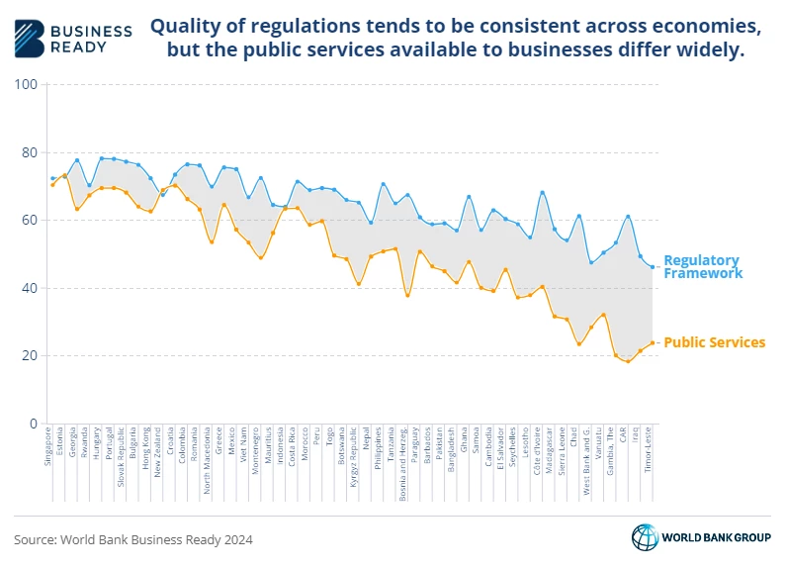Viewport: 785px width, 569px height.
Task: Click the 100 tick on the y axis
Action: pos(27,85)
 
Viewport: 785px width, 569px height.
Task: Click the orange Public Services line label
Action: pos(714,342)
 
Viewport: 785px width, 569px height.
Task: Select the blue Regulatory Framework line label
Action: pos(702,267)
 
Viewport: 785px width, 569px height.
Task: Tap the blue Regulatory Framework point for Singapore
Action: pos(52,179)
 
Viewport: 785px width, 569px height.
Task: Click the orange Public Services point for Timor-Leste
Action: pos(652,343)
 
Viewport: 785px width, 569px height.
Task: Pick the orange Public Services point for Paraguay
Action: pos(420,251)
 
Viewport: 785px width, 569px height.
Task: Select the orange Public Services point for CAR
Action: pos(627,361)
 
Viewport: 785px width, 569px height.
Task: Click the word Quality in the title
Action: pos(185,28)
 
